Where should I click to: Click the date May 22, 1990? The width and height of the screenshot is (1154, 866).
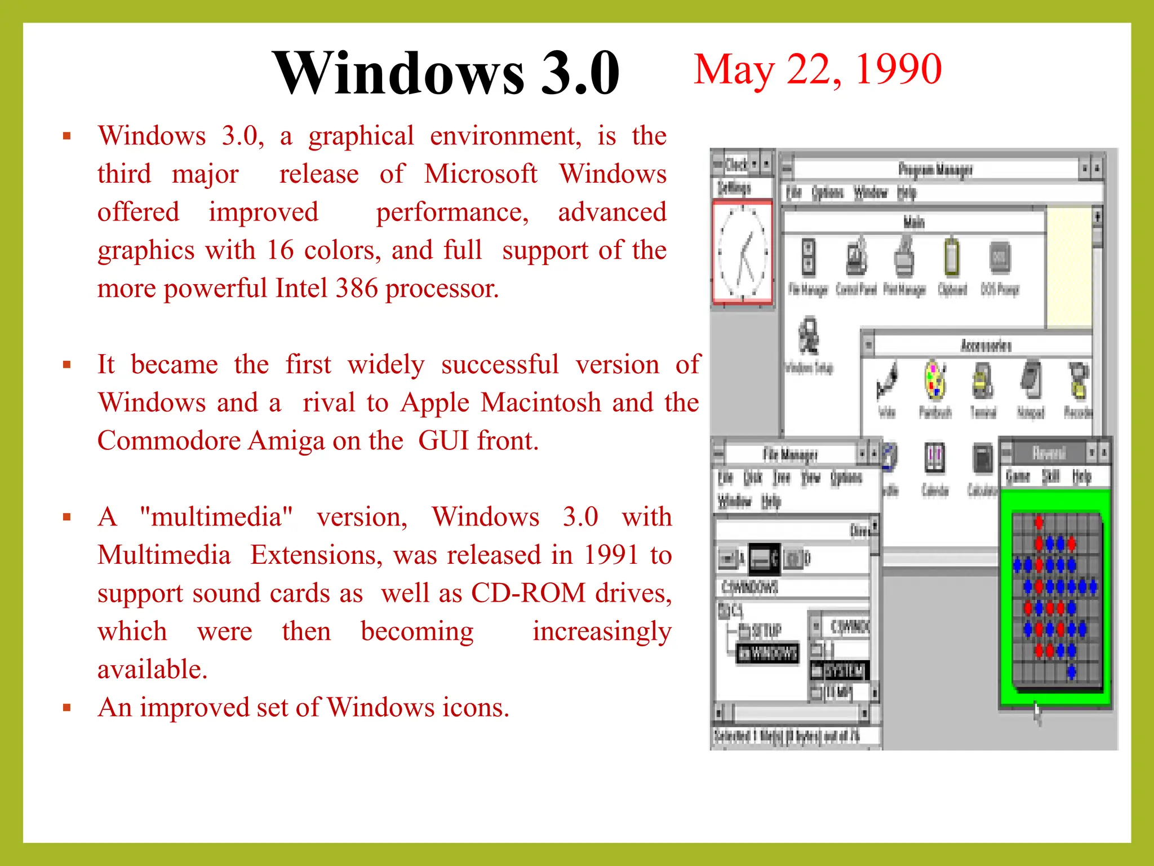tap(817, 69)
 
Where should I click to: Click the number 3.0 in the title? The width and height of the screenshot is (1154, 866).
tap(580, 73)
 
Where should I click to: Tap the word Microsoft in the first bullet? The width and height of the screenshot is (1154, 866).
tap(481, 174)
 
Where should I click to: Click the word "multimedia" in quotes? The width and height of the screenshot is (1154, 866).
tap(216, 516)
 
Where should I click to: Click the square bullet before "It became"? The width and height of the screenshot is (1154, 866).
tap(67, 365)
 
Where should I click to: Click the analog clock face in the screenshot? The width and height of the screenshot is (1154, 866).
tap(743, 251)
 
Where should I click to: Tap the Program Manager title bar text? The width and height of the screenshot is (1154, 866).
tap(935, 169)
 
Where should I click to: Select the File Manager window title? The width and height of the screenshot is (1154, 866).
tap(790, 454)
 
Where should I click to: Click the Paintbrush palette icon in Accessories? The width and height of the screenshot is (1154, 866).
tap(935, 382)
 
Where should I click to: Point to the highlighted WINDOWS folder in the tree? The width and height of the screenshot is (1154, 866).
tap(768, 653)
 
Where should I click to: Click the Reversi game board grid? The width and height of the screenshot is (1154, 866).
tap(1056, 600)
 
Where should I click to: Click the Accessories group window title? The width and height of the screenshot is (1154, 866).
tap(986, 345)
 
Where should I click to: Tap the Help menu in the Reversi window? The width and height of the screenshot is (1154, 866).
tap(1082, 476)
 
